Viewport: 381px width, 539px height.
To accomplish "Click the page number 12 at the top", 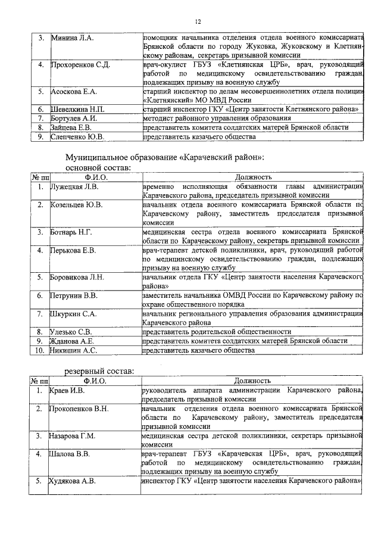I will click(199, 21).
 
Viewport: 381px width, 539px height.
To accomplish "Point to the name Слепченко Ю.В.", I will click(78, 136).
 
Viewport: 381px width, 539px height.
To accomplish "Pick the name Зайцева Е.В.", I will click(71, 127).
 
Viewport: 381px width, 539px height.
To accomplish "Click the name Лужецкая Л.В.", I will click(74, 186).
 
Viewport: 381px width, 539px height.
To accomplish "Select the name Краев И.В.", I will click(68, 390).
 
